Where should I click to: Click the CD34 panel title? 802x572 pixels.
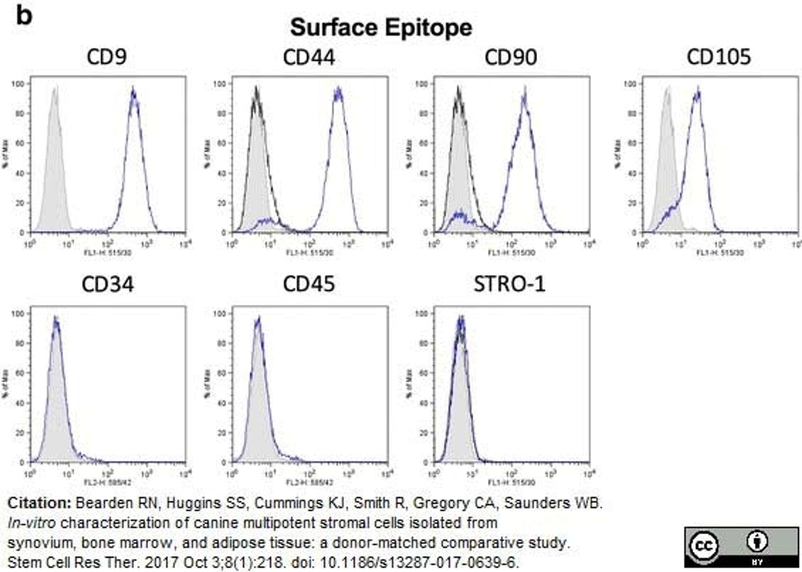click(x=108, y=285)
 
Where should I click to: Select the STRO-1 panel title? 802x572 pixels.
click(x=510, y=285)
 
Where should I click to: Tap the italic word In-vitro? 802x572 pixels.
click(x=32, y=523)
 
